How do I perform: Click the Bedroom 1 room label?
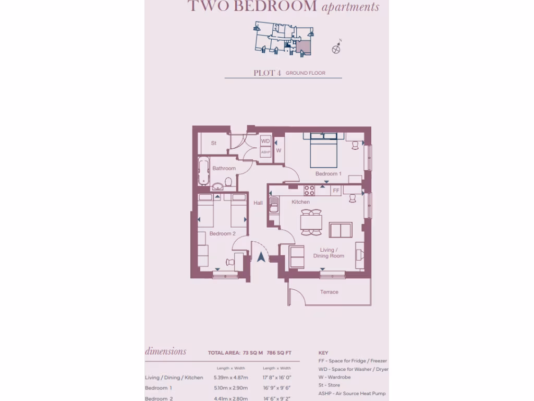click(329, 173)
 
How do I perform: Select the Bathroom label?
click(224, 168)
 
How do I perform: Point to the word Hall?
click(258, 203)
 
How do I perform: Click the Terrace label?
click(329, 292)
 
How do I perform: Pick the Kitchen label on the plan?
click(301, 202)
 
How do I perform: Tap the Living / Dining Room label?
click(329, 253)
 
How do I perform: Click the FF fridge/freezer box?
click(336, 191)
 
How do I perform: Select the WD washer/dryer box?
click(265, 141)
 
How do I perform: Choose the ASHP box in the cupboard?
click(265, 152)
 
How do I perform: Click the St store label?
click(214, 143)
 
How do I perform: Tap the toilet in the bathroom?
click(227, 183)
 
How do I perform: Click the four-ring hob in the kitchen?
click(309, 190)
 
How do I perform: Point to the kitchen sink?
click(273, 203)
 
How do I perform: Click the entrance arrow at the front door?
click(261, 256)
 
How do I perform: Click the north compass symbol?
click(336, 49)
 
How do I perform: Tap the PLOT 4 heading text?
click(267, 73)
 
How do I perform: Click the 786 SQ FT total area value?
click(279, 353)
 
